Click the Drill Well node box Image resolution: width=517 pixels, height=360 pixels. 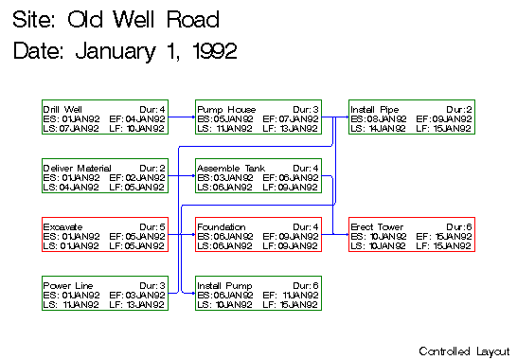[104, 118]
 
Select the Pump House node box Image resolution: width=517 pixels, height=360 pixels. [258, 118]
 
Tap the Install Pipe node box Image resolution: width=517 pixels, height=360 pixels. [411, 118]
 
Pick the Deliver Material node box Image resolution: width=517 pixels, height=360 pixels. [104, 177]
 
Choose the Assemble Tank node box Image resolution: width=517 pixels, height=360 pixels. [258, 177]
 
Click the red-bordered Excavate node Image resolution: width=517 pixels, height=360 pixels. [104, 236]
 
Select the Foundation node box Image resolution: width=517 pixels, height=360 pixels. [258, 236]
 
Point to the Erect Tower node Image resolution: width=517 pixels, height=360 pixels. [411, 236]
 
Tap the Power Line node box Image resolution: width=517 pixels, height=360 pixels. [104, 295]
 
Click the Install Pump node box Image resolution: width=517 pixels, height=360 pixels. [258, 295]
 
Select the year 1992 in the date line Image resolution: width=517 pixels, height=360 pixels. [211, 49]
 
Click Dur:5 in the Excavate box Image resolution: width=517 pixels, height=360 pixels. [152, 227]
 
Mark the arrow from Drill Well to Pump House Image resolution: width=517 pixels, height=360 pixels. [182, 118]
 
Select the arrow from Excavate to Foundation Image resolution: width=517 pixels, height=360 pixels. [182, 236]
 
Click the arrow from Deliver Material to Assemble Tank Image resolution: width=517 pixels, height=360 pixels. [182, 177]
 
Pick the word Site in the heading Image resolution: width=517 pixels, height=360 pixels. [34, 19]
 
